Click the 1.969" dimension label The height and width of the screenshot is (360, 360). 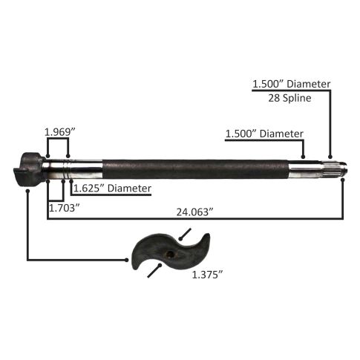59,132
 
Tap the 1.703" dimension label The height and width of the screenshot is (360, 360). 65,208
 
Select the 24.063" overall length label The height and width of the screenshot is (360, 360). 194,212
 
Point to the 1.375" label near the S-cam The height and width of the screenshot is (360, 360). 207,275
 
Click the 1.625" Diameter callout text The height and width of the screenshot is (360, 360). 112,189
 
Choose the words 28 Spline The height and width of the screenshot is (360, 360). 289,98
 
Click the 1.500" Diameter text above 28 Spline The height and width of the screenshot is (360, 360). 292,84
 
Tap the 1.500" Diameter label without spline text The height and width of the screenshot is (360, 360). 264,134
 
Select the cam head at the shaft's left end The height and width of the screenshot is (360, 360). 29,170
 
